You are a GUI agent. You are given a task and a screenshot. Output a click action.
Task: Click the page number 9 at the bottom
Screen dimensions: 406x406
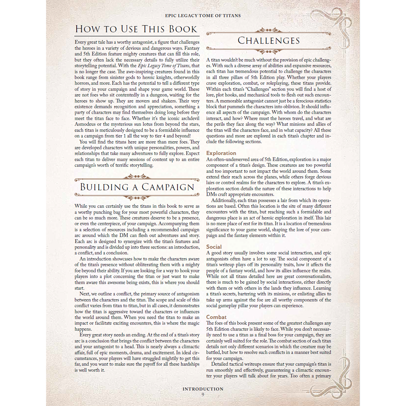pos(203,395)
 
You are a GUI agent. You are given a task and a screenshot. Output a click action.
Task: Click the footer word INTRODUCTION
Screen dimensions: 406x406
pos(203,389)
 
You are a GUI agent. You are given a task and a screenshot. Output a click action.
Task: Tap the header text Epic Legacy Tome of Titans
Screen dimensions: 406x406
pos(203,16)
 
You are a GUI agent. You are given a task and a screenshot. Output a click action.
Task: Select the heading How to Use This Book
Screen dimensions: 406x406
pos(136,29)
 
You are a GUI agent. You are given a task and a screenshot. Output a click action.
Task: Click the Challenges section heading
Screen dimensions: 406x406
pos(269,41)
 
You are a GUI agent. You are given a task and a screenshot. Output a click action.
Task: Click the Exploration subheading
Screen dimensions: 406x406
pos(221,153)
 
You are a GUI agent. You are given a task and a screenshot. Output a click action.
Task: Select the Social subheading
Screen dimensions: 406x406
pos(214,247)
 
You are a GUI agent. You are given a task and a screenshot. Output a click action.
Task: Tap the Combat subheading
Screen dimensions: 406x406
pos(216,317)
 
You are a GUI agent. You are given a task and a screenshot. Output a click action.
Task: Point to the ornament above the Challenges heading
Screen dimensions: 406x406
pos(269,30)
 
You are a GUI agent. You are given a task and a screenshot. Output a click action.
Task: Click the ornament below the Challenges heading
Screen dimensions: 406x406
pos(269,51)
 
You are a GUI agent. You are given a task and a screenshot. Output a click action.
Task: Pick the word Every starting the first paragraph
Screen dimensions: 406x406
pos(81,42)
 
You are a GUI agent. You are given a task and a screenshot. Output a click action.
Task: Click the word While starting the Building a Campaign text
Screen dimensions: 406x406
pos(81,206)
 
